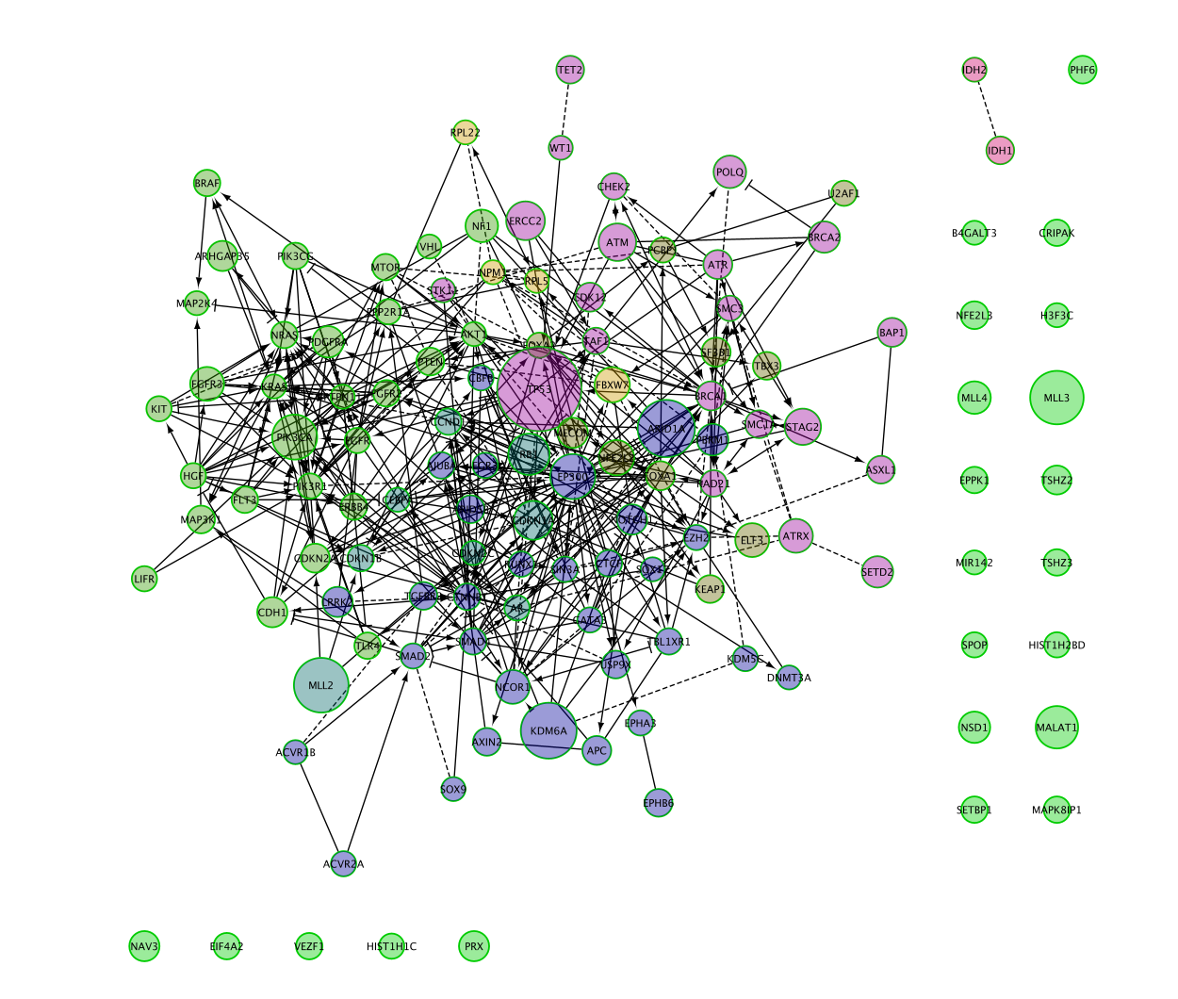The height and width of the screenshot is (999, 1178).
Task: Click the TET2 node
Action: pyautogui.click(x=570, y=70)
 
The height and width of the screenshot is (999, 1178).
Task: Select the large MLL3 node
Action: pyautogui.click(x=1056, y=398)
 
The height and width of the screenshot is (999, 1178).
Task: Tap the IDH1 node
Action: pyautogui.click(x=1000, y=150)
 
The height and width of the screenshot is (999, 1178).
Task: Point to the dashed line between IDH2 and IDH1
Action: pyautogui.click(x=987, y=109)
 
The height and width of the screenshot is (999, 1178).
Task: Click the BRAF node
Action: pyautogui.click(x=207, y=183)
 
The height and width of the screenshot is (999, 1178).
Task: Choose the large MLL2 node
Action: pyautogui.click(x=321, y=685)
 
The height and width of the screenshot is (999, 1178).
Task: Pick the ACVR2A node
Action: pyautogui.click(x=344, y=863)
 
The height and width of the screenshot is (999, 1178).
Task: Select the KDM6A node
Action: pyautogui.click(x=548, y=730)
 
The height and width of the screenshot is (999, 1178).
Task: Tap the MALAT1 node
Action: pyautogui.click(x=1056, y=728)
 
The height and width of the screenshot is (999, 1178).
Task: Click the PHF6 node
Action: pyautogui.click(x=1083, y=70)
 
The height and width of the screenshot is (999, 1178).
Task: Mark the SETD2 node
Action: pyautogui.click(x=877, y=572)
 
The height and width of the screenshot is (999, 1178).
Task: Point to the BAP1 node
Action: pyautogui.click(x=892, y=333)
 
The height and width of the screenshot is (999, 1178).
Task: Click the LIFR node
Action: pyautogui.click(x=144, y=579)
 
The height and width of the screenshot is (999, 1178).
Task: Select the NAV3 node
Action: pyautogui.click(x=144, y=946)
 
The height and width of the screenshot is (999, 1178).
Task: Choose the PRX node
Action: pyautogui.click(x=474, y=946)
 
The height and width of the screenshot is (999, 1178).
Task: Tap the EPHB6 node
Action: pyautogui.click(x=658, y=803)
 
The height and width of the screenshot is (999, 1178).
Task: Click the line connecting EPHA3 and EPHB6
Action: pyautogui.click(x=649, y=763)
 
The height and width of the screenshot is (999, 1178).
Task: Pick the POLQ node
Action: pyautogui.click(x=730, y=172)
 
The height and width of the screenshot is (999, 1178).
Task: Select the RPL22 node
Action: pyautogui.click(x=466, y=133)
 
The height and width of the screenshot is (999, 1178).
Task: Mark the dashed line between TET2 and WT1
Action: pyautogui.click(x=565, y=109)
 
